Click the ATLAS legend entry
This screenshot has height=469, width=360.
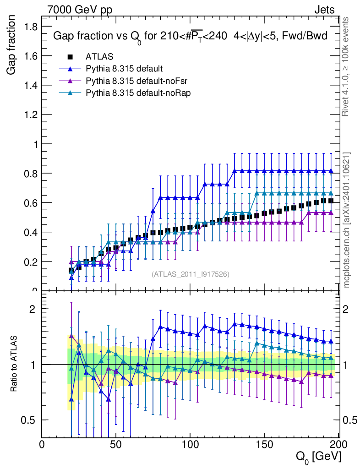tap(99, 57)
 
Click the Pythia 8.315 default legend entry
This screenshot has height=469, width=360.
tap(124, 69)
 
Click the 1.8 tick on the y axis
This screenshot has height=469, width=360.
tap(30, 27)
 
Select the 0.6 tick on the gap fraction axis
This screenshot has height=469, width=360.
tap(30, 202)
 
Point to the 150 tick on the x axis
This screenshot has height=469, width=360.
tap(264, 444)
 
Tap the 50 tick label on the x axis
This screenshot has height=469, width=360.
tap(116, 444)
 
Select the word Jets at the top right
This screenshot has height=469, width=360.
tap(324, 10)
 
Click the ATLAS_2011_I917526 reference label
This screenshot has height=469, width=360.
tap(191, 274)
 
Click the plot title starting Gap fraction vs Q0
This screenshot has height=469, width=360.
tap(190, 37)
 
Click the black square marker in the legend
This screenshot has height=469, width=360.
tap(70, 57)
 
